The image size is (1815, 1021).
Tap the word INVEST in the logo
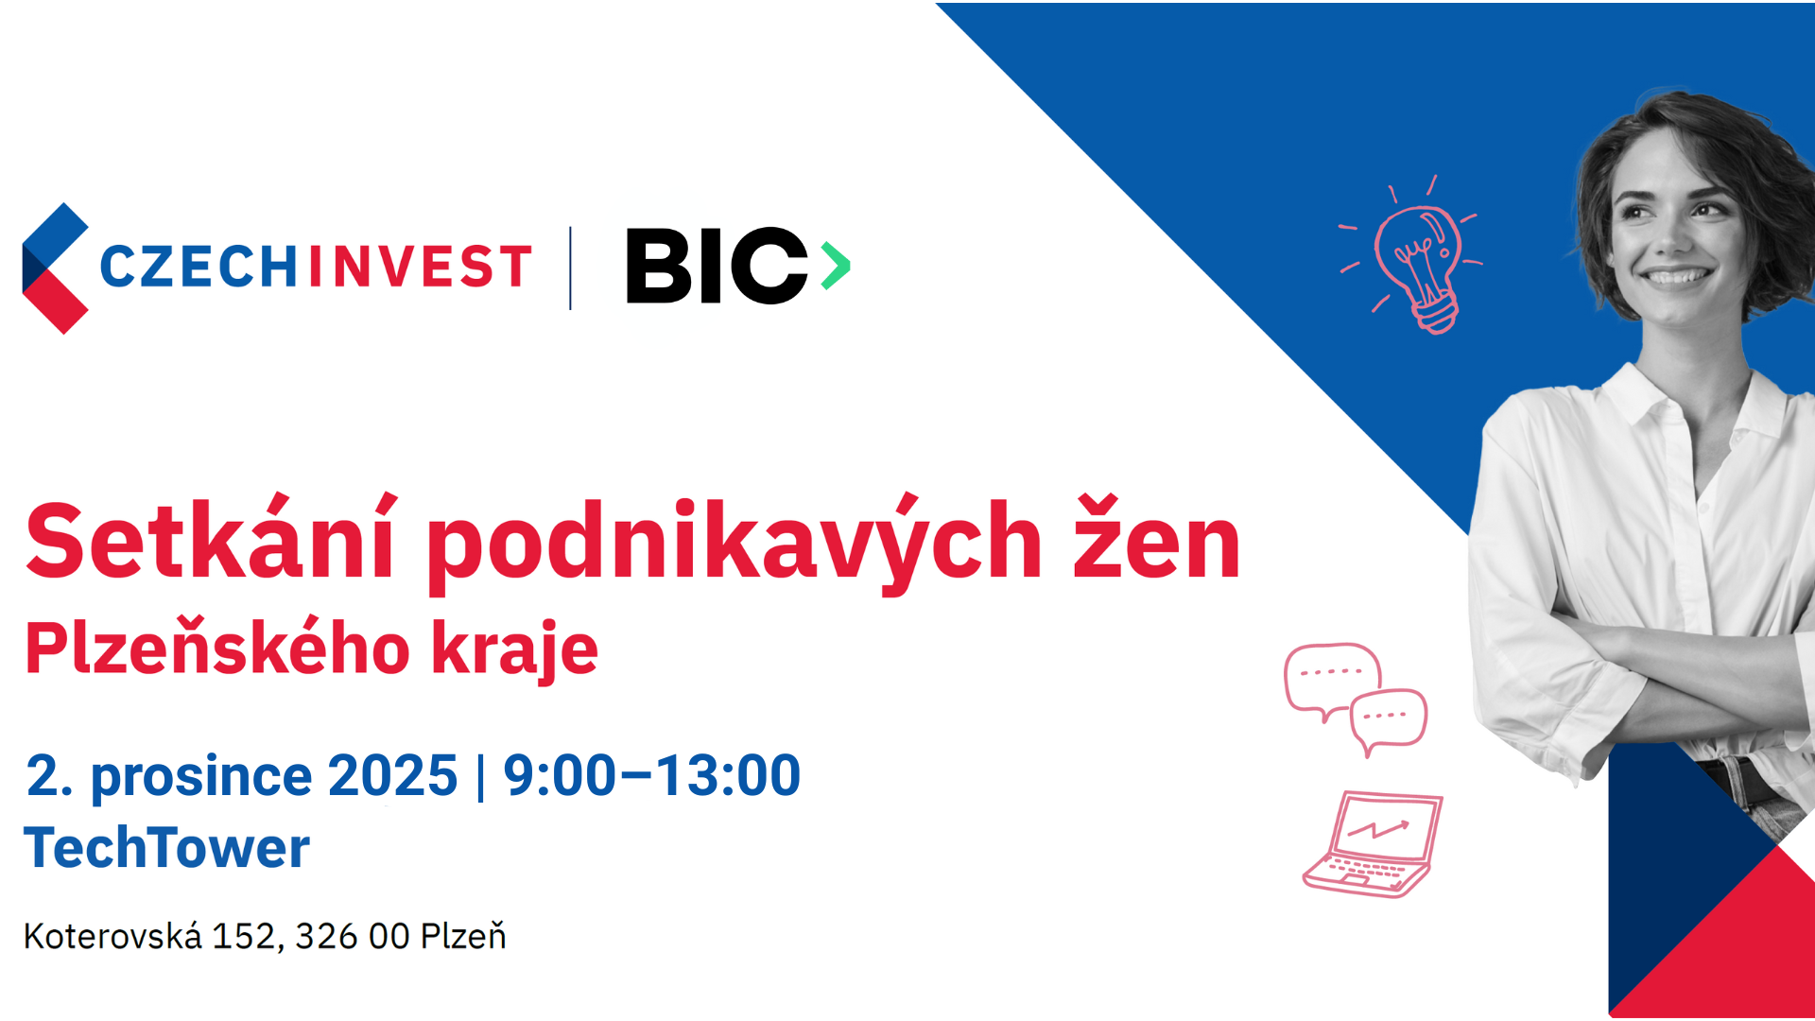tap(420, 267)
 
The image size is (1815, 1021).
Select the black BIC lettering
tap(717, 266)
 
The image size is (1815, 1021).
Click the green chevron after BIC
tap(835, 266)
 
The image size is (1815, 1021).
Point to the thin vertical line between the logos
tap(570, 268)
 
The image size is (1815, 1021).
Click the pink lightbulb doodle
tap(1412, 254)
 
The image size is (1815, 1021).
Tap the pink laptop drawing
tap(1374, 844)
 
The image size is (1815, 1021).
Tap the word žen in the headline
tap(1156, 539)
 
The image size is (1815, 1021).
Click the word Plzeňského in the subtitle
tap(218, 649)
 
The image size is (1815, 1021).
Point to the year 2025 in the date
tap(392, 776)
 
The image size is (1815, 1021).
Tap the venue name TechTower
tap(166, 847)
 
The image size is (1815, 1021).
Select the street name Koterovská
tap(112, 936)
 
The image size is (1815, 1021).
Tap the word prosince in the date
tap(201, 778)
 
